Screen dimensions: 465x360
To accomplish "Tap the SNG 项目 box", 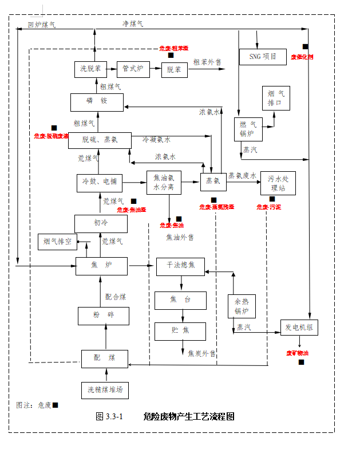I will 263,57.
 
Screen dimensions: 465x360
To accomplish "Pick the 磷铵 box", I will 97,102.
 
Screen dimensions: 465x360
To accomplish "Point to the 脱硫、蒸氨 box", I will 100,141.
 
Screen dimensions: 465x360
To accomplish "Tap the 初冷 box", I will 101,223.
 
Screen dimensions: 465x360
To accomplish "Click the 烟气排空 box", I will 57,242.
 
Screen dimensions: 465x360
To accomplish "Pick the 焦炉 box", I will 101,265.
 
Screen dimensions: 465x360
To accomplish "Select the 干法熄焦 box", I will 180,266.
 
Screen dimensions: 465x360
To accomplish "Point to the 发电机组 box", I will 299,328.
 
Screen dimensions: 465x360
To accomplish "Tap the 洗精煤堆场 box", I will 105,391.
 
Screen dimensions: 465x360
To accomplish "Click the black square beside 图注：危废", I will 56,405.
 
